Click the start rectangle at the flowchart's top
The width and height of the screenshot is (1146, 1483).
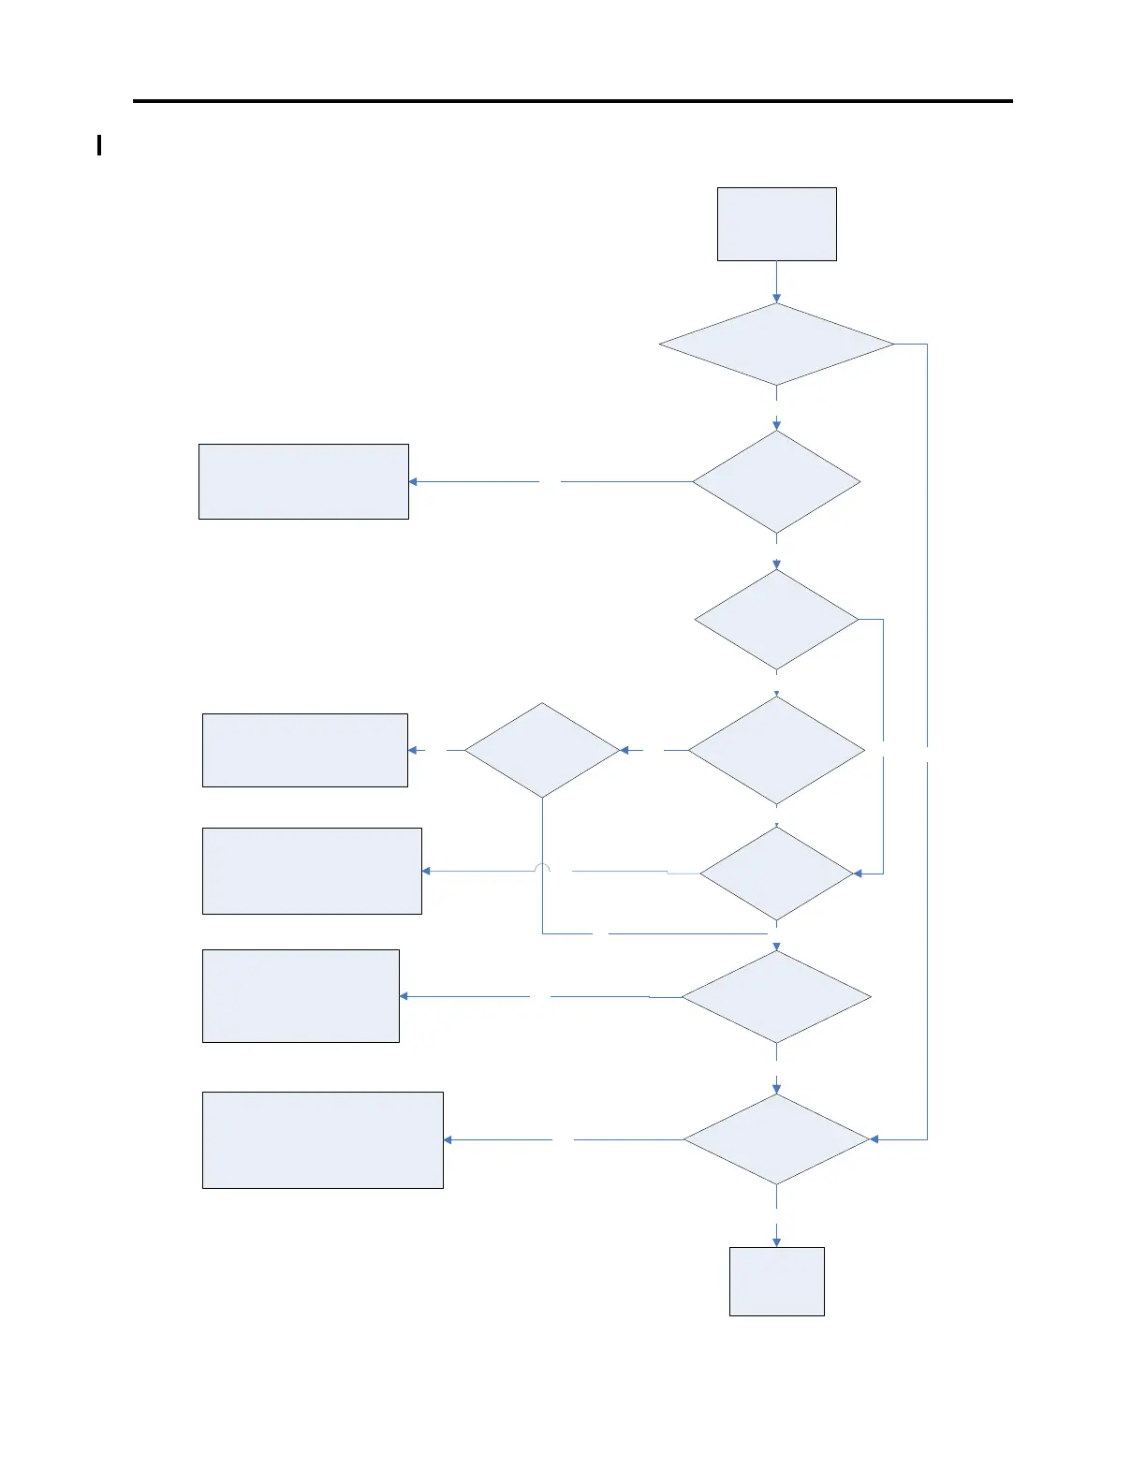click(x=776, y=224)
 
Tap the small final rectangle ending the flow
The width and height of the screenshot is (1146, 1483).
click(x=776, y=1281)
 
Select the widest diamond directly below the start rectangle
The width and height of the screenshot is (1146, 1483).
click(x=776, y=345)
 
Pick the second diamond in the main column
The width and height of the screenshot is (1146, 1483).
click(x=776, y=482)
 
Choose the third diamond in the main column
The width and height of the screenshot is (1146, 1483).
click(x=776, y=620)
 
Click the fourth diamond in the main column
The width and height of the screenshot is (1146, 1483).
click(x=776, y=750)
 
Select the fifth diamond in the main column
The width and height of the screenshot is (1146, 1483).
click(x=776, y=874)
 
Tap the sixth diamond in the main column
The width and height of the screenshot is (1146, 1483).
click(x=776, y=997)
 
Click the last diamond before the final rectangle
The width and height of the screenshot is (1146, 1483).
click(x=776, y=1139)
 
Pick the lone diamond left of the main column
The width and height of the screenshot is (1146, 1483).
click(x=542, y=750)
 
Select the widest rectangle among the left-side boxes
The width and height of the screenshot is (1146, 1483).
click(x=322, y=1139)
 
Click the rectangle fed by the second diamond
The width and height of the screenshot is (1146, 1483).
click(x=303, y=481)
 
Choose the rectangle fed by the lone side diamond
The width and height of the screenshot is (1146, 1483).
click(x=304, y=750)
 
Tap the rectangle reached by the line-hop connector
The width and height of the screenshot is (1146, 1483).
click(x=312, y=871)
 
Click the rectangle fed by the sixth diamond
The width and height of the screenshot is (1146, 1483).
click(x=301, y=996)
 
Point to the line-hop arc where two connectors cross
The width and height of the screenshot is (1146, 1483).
click(x=542, y=868)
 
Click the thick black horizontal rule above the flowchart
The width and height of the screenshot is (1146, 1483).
click(x=572, y=100)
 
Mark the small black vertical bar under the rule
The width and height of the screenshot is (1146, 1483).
click(x=99, y=145)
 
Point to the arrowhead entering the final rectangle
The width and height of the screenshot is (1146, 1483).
click(x=776, y=1241)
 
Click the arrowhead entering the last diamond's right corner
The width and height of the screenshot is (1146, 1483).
click(x=874, y=1139)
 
